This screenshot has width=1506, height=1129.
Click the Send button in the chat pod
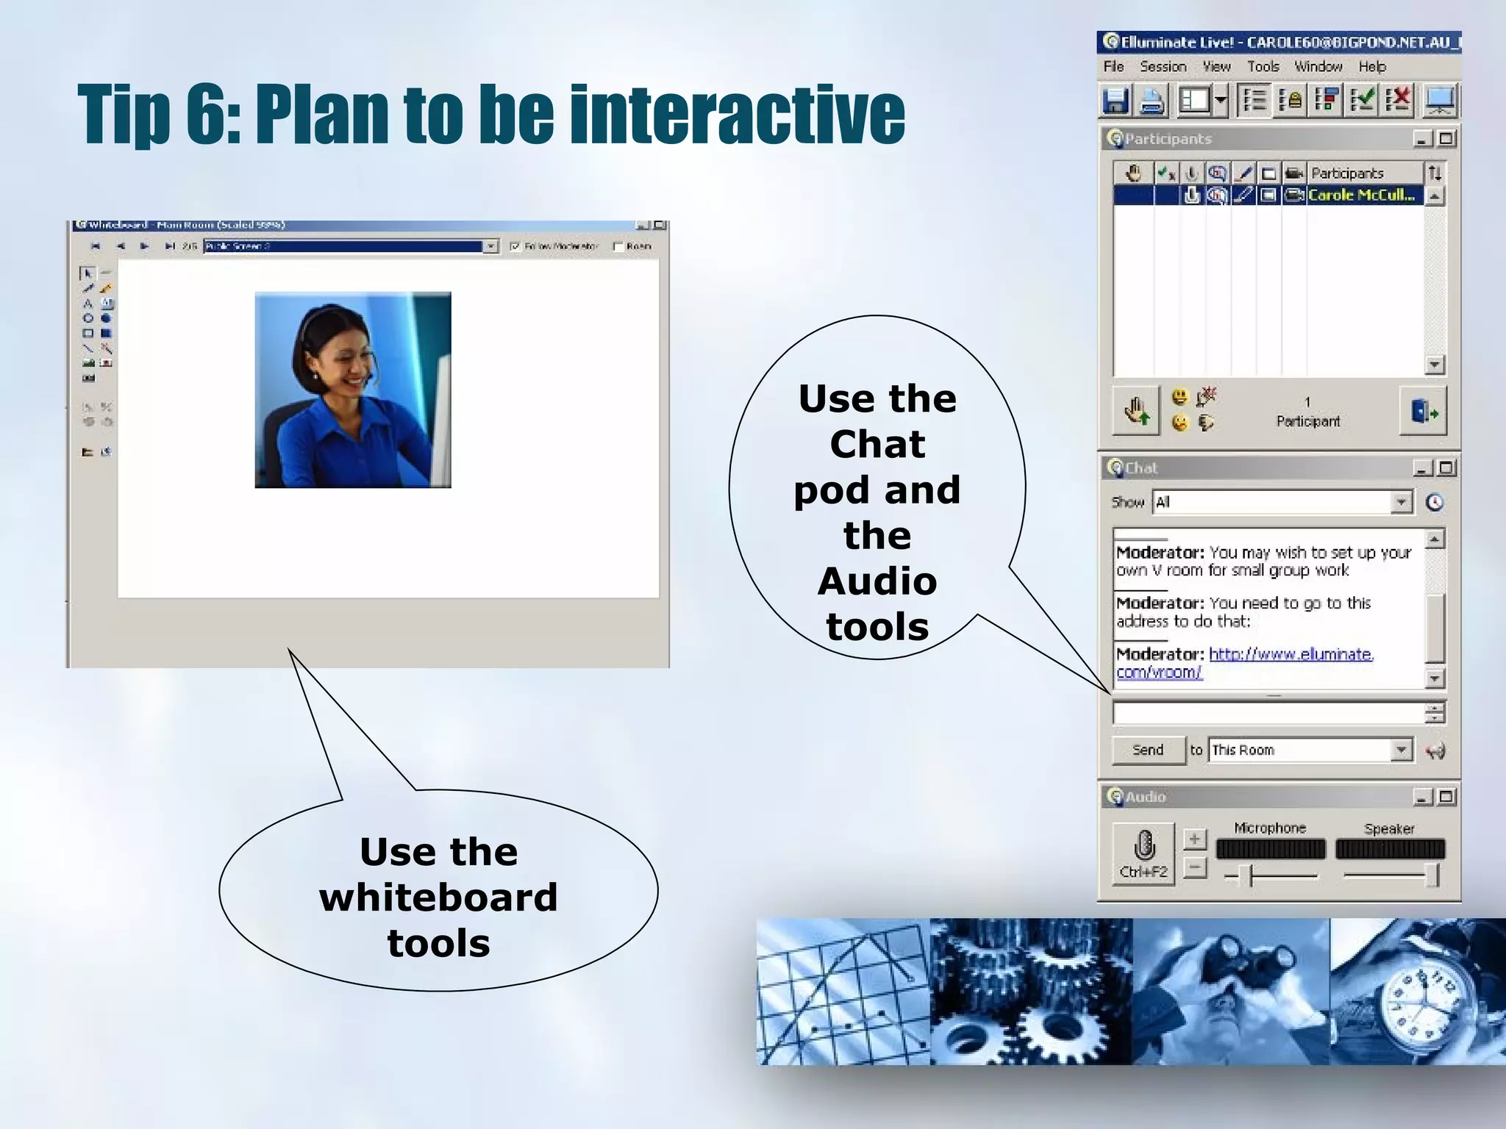(1148, 750)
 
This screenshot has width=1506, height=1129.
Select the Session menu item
(1163, 67)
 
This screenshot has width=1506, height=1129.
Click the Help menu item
(1371, 67)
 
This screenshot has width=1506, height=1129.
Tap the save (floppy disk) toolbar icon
(1116, 100)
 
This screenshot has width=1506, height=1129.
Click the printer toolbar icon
(1152, 100)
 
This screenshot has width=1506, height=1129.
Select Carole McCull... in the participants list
(1360, 196)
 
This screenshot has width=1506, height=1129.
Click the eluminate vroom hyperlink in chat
(1291, 654)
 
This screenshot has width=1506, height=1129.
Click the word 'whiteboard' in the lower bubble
(438, 897)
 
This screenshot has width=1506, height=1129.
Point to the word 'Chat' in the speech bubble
(877, 444)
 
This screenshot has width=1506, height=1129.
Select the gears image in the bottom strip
(1030, 991)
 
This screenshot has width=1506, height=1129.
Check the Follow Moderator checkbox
(515, 246)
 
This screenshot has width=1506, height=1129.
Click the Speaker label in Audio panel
(1388, 828)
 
